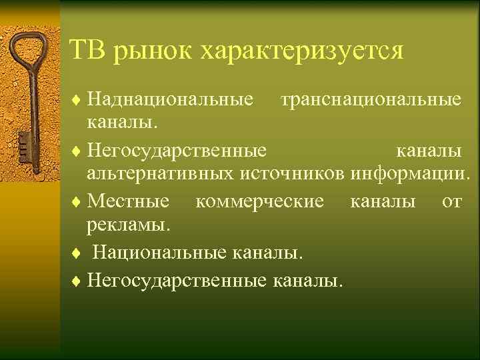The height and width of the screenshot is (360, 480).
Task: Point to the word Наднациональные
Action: click(x=171, y=101)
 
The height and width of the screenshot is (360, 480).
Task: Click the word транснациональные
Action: click(x=371, y=101)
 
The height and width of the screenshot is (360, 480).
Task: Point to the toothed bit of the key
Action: click(x=23, y=141)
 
